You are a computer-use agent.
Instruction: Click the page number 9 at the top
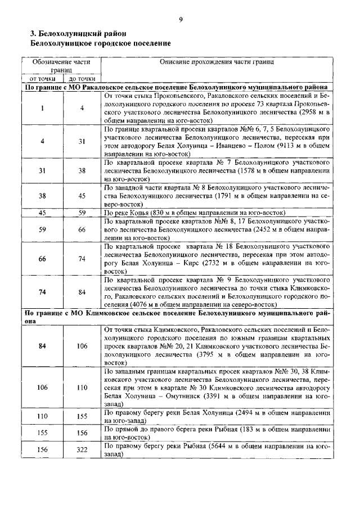181,20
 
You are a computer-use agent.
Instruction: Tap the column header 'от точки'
42,79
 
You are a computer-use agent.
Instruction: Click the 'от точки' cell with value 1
42,108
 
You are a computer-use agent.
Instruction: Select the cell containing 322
82,450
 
